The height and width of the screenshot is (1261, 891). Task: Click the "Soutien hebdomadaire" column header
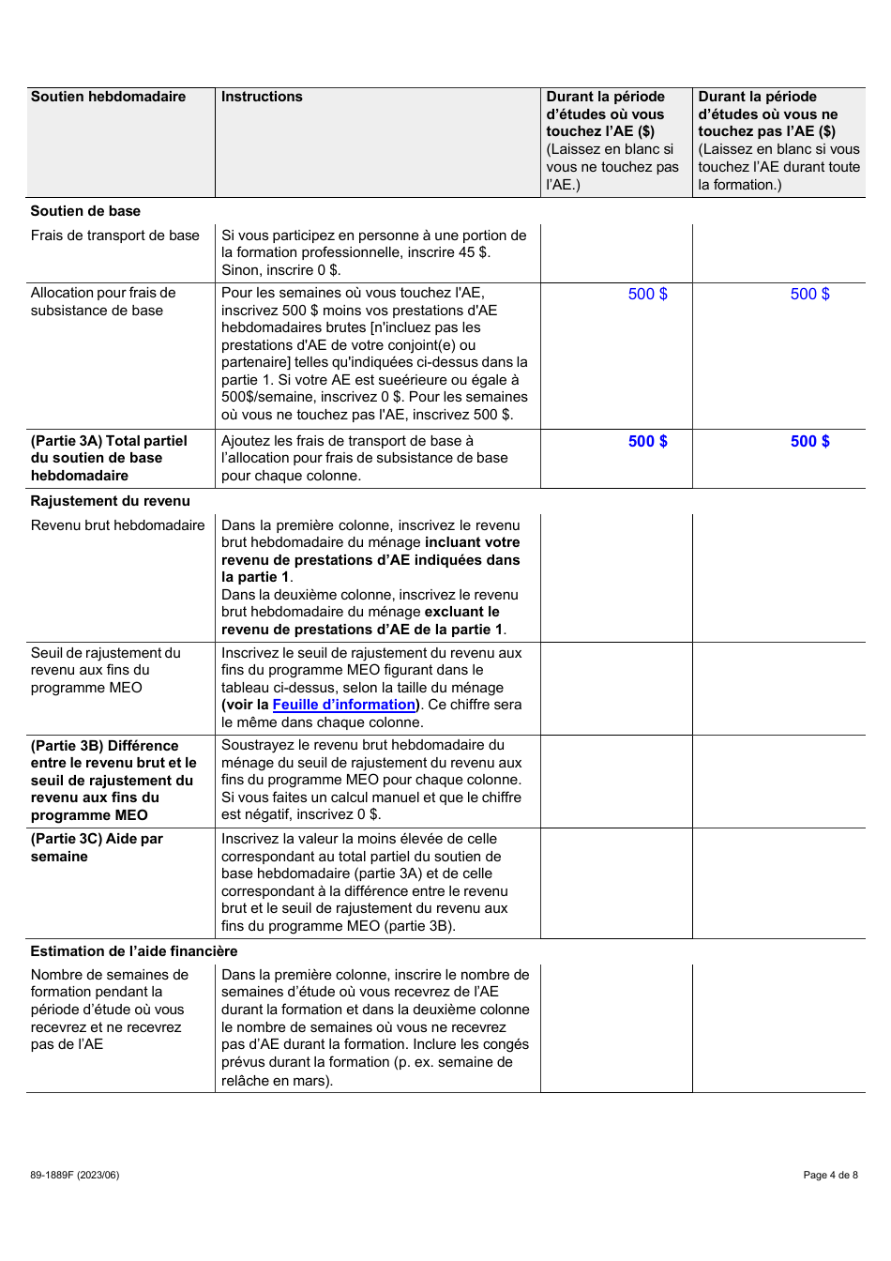108,97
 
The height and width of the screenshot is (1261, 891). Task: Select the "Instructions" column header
262,97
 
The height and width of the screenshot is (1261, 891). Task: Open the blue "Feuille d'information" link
343,705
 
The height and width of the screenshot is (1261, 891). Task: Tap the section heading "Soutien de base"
85,211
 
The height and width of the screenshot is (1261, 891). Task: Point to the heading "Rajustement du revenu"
110,501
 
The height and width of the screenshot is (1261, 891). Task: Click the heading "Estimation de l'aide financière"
134,951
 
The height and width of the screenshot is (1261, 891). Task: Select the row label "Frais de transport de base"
114,235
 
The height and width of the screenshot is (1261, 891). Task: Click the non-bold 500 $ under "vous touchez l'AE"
647,295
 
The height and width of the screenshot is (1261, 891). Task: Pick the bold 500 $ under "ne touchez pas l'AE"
809,442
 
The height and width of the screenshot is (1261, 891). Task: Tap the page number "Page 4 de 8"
830,1175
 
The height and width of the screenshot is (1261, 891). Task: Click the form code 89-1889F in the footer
74,1175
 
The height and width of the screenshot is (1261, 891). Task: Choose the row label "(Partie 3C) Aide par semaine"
97,847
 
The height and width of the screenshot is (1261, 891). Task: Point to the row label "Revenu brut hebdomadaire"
117,525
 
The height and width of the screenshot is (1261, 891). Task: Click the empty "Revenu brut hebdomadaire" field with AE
616,577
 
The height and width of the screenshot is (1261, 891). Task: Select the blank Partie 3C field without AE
778,883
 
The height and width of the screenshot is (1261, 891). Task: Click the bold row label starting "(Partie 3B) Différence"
113,780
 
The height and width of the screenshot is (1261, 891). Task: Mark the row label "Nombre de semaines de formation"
109,1010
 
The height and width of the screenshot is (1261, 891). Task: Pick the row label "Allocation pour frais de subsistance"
103,301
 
